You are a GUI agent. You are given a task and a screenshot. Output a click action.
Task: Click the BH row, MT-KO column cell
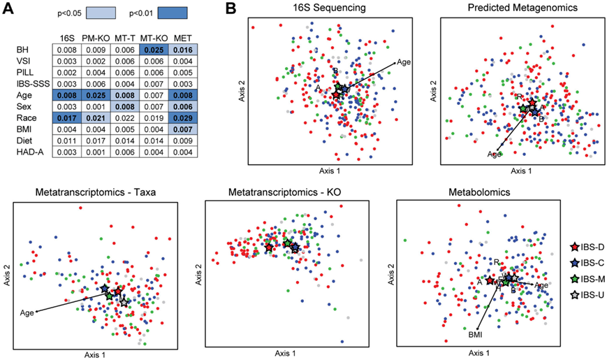click(154, 50)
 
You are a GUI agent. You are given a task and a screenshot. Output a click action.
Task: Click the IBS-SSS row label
click(29, 84)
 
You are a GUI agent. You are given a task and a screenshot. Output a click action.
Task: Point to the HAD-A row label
click(27, 152)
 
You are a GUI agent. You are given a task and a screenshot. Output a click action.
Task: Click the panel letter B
click(233, 10)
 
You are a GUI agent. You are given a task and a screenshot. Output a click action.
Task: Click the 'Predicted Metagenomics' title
click(522, 8)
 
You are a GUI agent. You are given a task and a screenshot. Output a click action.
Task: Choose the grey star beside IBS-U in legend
click(573, 295)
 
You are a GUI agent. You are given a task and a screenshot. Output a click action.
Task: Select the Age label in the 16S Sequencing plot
click(403, 62)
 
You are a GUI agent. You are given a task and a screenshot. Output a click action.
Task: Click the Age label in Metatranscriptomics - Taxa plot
click(27, 312)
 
